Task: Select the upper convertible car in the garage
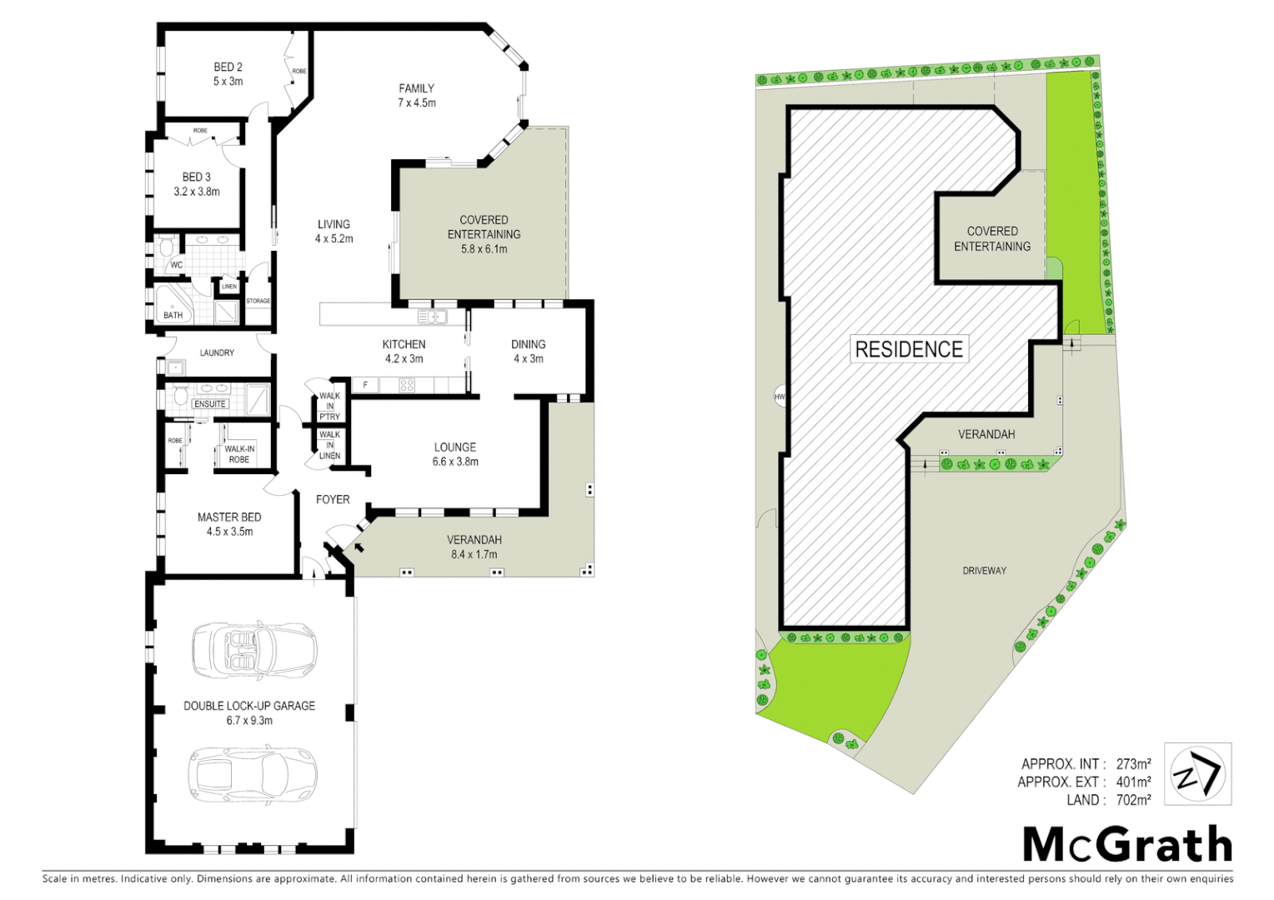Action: tap(254, 649)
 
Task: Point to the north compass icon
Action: tap(1197, 775)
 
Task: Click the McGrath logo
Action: tap(1127, 845)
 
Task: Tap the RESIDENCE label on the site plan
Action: tap(909, 349)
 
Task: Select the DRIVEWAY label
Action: tap(984, 571)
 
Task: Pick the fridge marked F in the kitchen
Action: tap(365, 385)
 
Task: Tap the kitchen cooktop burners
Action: tap(407, 385)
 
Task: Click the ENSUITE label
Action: tap(210, 404)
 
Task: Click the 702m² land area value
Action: tap(1133, 800)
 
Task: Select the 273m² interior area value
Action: tap(1133, 764)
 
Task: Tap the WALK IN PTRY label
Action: tap(329, 406)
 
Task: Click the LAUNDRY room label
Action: tap(217, 353)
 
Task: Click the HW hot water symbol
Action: tap(780, 397)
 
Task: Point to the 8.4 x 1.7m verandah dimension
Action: tap(474, 554)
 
